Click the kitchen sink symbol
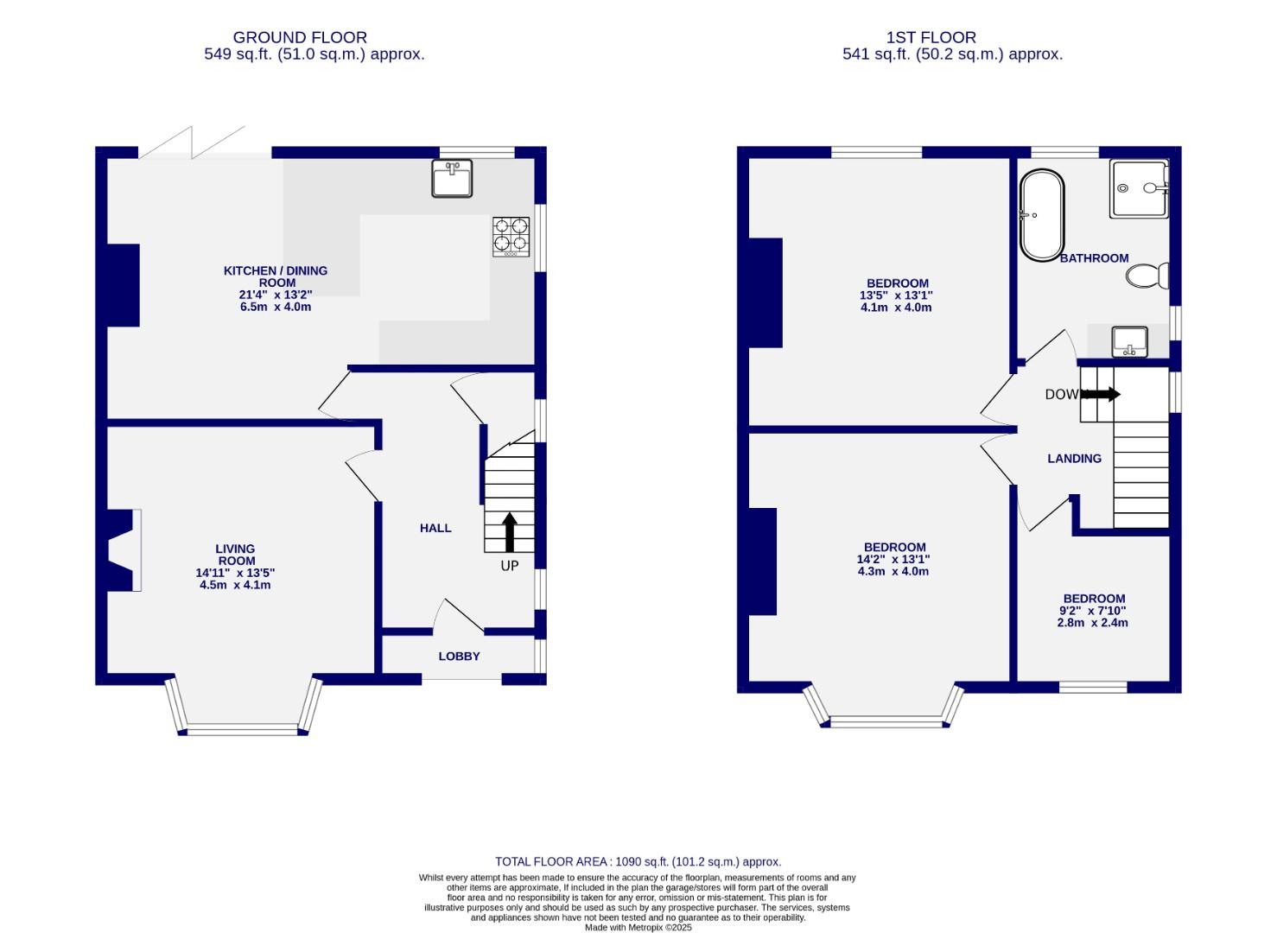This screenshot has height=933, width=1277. tap(452, 179)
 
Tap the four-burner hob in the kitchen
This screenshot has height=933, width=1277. tap(511, 236)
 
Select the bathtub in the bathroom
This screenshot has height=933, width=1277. tap(1041, 216)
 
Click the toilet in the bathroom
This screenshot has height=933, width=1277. tap(1147, 276)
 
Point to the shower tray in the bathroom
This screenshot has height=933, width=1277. tap(1139, 188)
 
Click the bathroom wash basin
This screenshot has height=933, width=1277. tap(1129, 341)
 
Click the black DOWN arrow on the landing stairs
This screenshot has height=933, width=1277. tap(1101, 395)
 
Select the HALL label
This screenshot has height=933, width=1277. tap(435, 528)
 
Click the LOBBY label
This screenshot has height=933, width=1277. tap(459, 657)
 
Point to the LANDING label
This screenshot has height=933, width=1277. tap(1074, 459)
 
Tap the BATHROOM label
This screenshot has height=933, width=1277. tap(1094, 258)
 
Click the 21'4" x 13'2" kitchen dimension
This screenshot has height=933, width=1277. tap(276, 295)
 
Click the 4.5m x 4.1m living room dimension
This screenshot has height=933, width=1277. tap(235, 585)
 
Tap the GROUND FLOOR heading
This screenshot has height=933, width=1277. tap(300, 38)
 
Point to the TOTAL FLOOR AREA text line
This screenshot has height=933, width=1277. tap(638, 861)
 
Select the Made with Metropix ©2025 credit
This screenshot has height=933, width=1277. tap(638, 927)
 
